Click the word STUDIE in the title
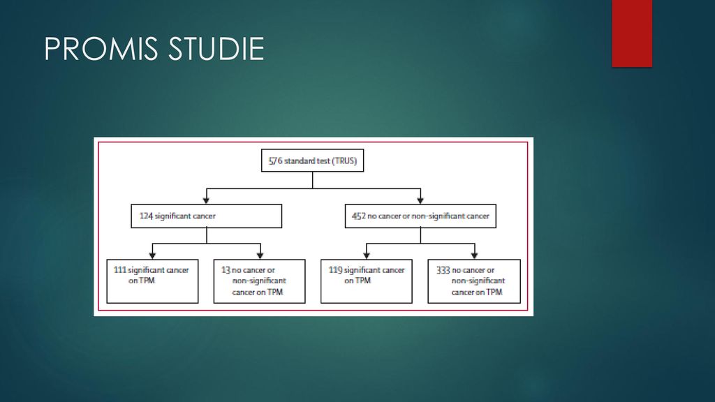(216, 49)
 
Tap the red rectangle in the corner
(632, 33)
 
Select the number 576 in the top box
(275, 161)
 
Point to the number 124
(146, 216)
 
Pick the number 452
(358, 216)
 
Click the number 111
(120, 270)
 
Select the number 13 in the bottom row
(226, 270)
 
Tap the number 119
(335, 270)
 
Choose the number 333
(443, 270)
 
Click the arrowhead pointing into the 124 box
(206, 200)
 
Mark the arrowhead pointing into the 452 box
(420, 200)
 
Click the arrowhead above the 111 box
(152, 255)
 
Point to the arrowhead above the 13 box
(260, 255)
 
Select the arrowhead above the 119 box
(366, 255)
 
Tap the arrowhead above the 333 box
(474, 255)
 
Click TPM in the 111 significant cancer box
(147, 281)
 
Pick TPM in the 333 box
(494, 292)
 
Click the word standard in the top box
(300, 161)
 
